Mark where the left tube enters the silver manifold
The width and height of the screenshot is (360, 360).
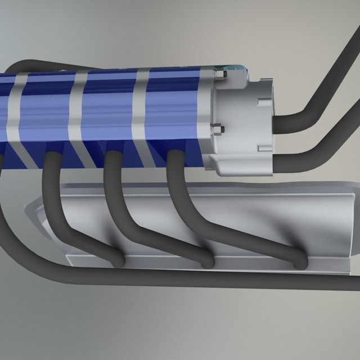[118, 262]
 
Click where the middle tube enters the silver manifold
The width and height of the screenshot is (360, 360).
[209, 262]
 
